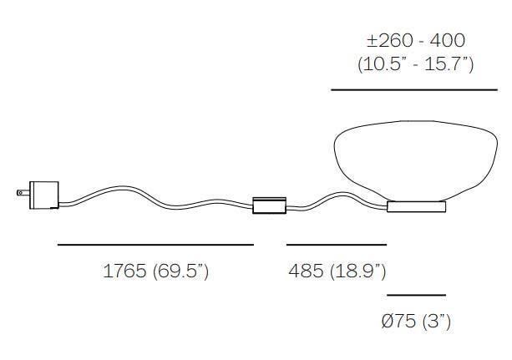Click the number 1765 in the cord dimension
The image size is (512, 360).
tap(124, 271)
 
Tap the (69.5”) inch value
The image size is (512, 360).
tap(180, 271)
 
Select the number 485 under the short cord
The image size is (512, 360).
tap(306, 271)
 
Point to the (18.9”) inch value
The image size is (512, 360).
tap(358, 271)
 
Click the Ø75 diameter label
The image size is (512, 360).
tap(398, 321)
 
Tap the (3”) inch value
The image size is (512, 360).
tap(437, 321)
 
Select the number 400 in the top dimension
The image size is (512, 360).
tap(448, 41)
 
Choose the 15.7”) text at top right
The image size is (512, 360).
tap(449, 64)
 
